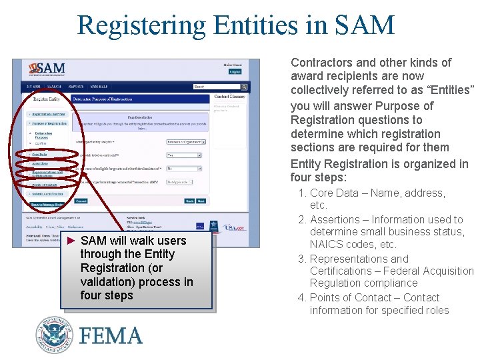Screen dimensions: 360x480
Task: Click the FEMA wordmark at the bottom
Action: [111, 335]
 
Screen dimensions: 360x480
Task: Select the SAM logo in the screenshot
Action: [47, 69]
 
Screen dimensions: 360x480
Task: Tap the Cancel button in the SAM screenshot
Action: [81, 200]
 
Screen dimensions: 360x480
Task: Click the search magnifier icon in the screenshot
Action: [244, 87]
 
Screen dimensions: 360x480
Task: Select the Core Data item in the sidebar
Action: [39, 154]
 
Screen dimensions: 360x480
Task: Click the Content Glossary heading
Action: [230, 97]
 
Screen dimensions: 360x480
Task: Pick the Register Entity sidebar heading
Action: [46, 99]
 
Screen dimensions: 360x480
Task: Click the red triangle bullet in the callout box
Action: [72, 240]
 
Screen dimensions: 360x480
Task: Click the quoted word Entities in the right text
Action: [449, 90]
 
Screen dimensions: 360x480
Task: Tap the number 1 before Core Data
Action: [302, 193]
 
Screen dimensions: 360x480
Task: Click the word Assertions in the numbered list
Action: [334, 219]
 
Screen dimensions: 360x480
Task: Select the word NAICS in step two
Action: [326, 244]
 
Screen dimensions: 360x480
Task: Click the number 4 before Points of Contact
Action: [302, 298]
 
